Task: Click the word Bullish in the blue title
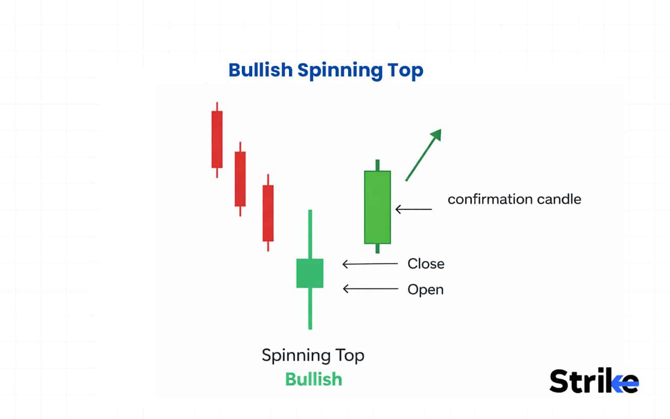click(x=260, y=70)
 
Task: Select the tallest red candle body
click(x=217, y=139)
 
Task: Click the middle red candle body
click(x=240, y=179)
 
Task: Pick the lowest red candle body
click(x=268, y=213)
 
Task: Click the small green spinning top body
click(x=310, y=273)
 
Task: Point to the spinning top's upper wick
click(x=310, y=234)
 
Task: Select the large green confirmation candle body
click(x=377, y=207)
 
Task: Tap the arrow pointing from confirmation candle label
click(x=414, y=210)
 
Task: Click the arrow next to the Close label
click(x=370, y=264)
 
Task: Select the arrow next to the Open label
click(x=370, y=289)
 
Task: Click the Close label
click(x=426, y=264)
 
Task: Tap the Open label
click(x=425, y=290)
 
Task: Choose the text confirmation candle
click(x=514, y=200)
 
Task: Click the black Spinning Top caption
click(x=313, y=356)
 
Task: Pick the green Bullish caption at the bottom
click(x=314, y=379)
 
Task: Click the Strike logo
click(x=594, y=381)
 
